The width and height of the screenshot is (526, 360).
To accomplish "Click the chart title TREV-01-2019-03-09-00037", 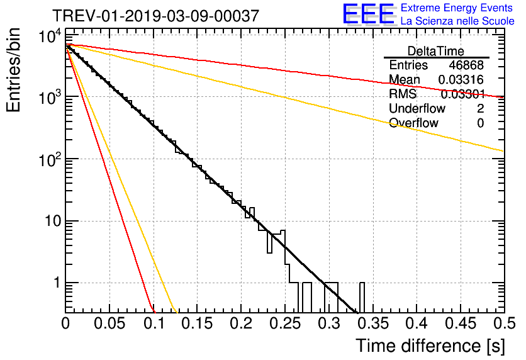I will coord(155,16).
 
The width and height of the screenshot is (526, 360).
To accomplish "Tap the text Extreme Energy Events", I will coord(457,8).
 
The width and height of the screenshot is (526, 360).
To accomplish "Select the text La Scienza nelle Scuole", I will coord(457,21).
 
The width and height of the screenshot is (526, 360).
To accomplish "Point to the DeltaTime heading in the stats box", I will coord(436,50).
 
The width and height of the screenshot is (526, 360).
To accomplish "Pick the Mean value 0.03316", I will coord(461,79).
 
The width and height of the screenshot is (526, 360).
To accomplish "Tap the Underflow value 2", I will coord(480,108).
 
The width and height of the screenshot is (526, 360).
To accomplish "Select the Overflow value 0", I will coord(480,123).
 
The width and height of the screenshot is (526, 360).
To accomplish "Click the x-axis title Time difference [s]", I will coord(429,346).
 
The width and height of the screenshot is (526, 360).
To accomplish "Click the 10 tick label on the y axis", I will coord(49,222).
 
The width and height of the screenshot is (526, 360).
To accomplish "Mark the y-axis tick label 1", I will coord(54,283).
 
